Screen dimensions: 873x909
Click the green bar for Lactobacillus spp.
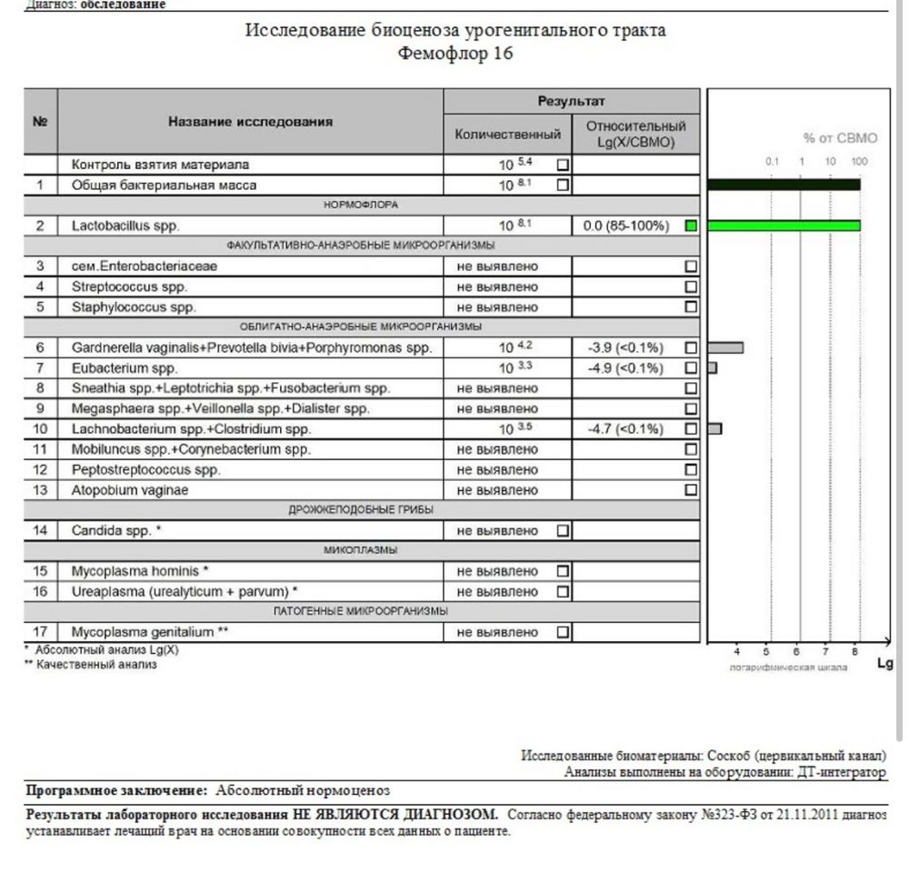(x=784, y=226)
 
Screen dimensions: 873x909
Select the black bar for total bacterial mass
(x=784, y=185)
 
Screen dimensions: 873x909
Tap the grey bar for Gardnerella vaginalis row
(x=725, y=347)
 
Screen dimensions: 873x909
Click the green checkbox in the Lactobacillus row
(x=691, y=226)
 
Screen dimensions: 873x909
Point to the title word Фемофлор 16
(x=455, y=54)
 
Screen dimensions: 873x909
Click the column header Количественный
(x=507, y=135)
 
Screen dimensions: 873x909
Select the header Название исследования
(x=250, y=121)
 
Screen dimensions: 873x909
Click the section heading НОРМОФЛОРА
(x=361, y=206)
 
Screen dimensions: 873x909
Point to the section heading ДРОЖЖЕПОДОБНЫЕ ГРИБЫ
(x=361, y=510)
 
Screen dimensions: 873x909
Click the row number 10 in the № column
(x=40, y=429)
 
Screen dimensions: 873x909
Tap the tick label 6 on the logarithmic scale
(x=796, y=651)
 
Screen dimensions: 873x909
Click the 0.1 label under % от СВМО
(x=772, y=162)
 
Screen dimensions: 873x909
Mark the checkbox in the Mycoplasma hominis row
(x=563, y=571)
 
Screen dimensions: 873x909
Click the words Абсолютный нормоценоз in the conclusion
(x=304, y=790)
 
